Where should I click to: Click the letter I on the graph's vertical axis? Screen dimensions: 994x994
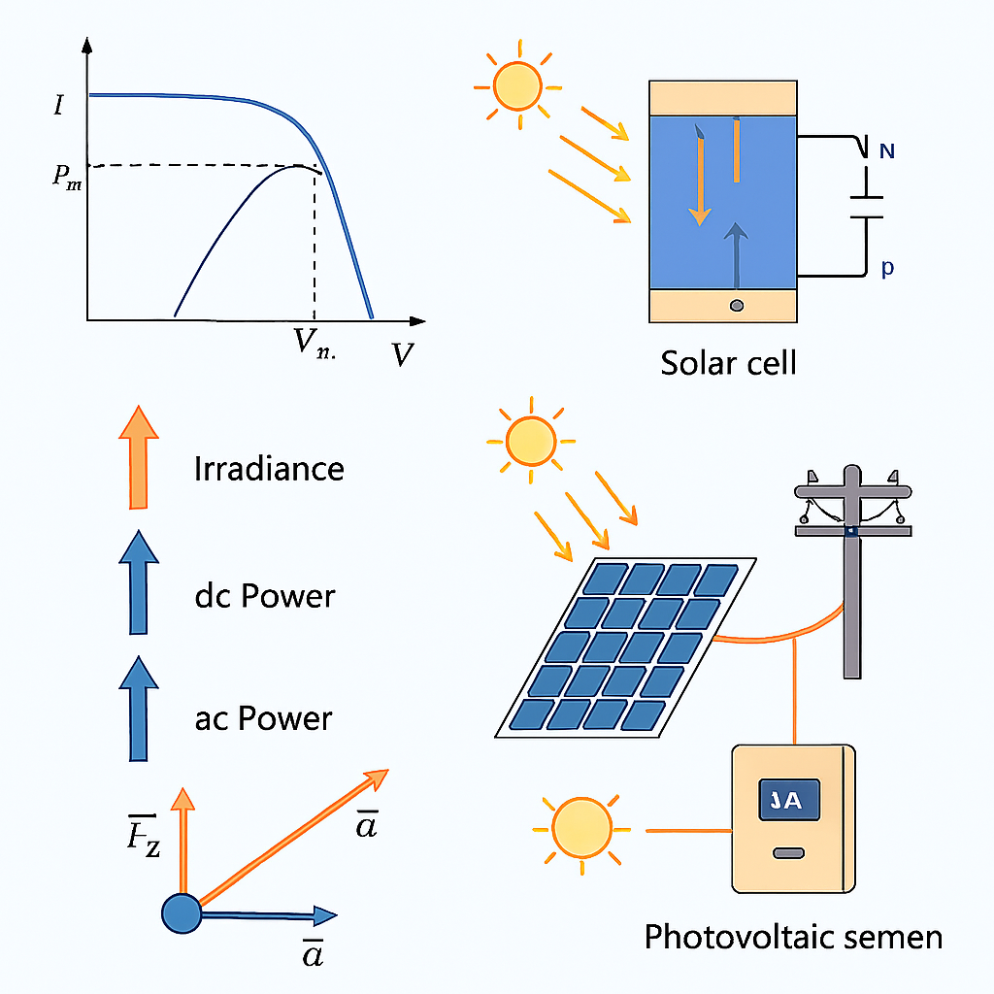pos(59,104)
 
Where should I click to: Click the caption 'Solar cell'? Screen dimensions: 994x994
pos(728,363)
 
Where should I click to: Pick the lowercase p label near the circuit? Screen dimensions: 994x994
pos(886,269)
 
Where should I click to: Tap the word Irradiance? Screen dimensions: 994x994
pos(269,469)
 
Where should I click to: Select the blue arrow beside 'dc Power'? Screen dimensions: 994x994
pos(137,582)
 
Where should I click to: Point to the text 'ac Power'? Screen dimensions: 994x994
pos(263,718)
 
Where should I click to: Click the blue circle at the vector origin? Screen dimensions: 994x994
pos(180,913)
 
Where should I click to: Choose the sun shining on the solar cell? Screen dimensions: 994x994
pos(516,85)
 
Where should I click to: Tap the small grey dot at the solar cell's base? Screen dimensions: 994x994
pos(736,306)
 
